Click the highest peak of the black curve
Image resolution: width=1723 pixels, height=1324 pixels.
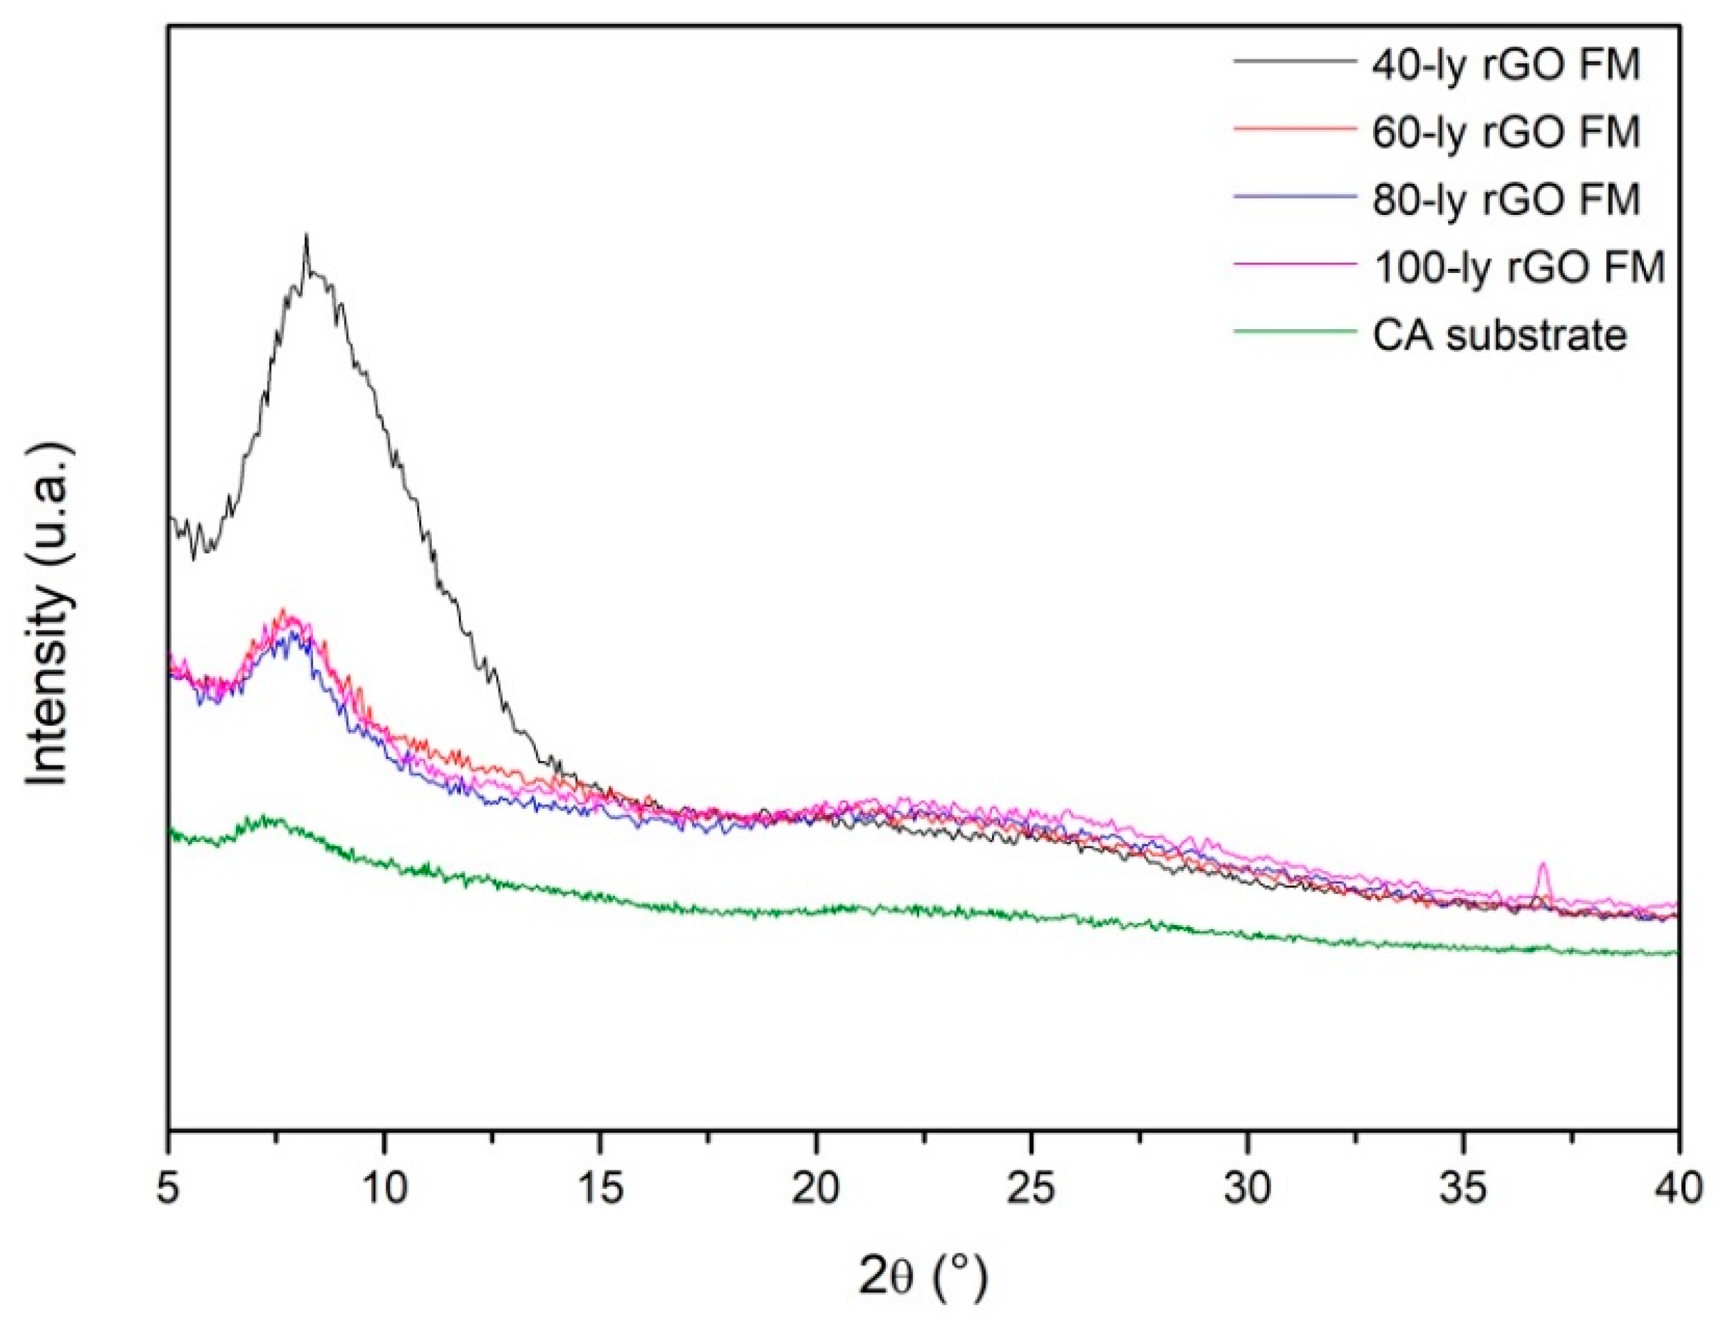306,237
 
